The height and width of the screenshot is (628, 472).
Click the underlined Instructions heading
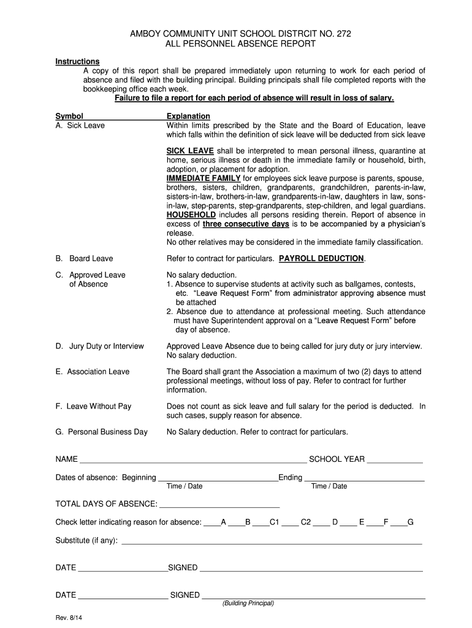pyautogui.click(x=77, y=61)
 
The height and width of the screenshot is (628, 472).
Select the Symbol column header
pyautogui.click(x=69, y=116)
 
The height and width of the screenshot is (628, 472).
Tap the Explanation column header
pyautogui.click(x=188, y=116)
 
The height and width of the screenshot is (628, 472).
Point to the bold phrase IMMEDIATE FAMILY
pyautogui.click(x=204, y=178)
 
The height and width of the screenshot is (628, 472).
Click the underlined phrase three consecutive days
pyautogui.click(x=246, y=224)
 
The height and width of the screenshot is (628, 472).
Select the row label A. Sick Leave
pyautogui.click(x=80, y=126)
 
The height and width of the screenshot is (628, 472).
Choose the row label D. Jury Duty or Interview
pyautogui.click(x=99, y=347)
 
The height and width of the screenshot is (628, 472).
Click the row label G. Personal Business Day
pyautogui.click(x=101, y=432)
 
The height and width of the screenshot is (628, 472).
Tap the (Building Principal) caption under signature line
pyautogui.click(x=248, y=603)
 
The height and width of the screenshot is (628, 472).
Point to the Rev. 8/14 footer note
pyautogui.click(x=69, y=618)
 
